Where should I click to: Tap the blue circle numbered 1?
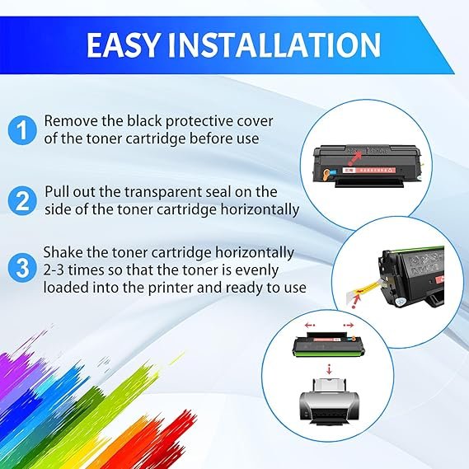[x=22, y=129]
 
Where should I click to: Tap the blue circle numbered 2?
[x=22, y=200]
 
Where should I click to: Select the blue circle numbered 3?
[x=22, y=268]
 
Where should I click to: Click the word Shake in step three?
[x=63, y=252]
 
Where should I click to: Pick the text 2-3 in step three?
[x=54, y=270]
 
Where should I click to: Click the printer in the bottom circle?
[x=329, y=401]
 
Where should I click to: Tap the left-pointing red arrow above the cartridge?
[x=310, y=325]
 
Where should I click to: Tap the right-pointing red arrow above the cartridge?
[x=349, y=325]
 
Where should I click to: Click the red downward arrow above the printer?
[x=329, y=369]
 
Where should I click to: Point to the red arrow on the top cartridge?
[x=356, y=157]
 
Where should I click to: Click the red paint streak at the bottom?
[x=172, y=439]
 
